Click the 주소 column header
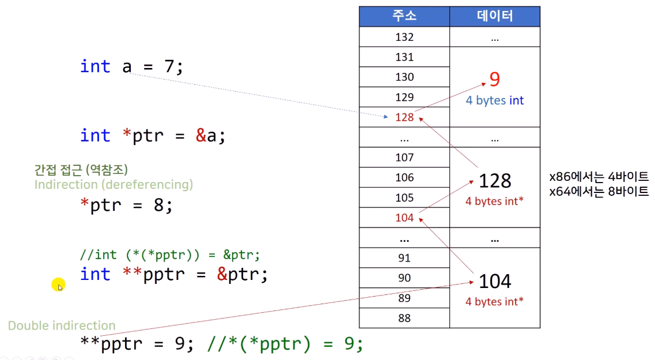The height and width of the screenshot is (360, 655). (404, 17)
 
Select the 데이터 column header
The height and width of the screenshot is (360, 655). (495, 17)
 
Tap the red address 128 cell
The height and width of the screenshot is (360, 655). (404, 118)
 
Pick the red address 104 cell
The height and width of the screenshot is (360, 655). (404, 218)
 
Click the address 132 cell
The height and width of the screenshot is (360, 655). (404, 37)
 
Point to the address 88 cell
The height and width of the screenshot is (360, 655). (404, 318)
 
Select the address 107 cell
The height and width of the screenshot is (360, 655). (404, 157)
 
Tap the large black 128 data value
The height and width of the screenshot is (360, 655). (495, 181)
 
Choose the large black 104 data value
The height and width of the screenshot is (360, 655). (495, 281)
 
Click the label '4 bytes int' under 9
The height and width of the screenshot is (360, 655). (495, 101)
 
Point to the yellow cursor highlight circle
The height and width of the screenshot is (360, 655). (58, 285)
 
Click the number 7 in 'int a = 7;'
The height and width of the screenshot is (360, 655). (169, 67)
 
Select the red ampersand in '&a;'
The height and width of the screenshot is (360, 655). (200, 136)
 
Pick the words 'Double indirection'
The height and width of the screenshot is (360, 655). (62, 325)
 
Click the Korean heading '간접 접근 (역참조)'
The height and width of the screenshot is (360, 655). (81, 170)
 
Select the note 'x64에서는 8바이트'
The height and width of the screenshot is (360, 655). (599, 191)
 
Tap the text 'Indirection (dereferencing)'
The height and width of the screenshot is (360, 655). (113, 184)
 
